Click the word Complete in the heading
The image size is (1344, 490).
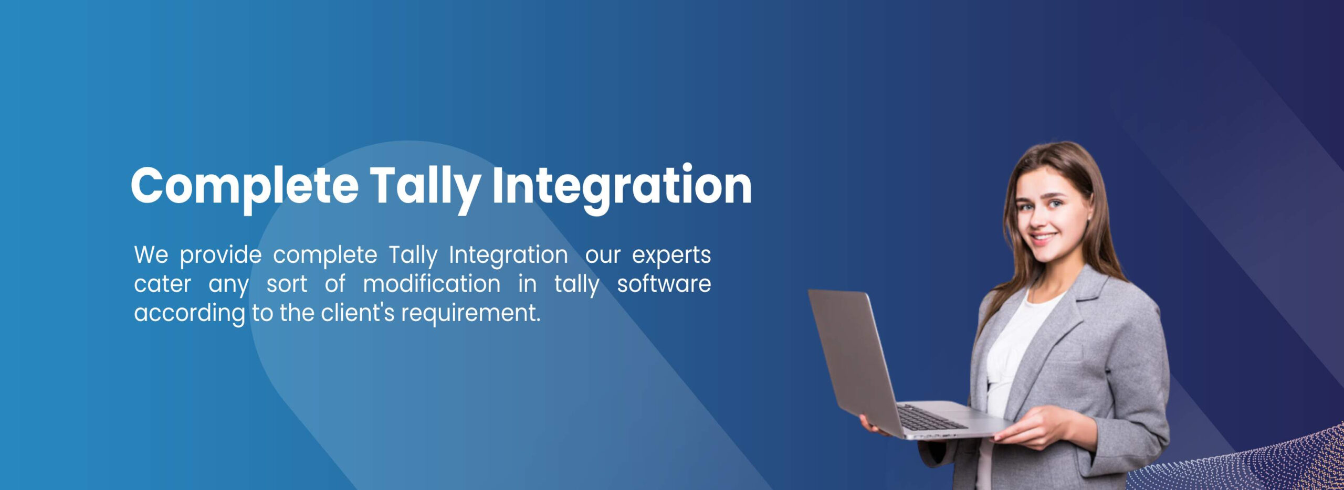(245, 186)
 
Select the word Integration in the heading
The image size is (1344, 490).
(622, 186)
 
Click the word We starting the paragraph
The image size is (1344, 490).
(151, 255)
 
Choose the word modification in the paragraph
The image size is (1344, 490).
(432, 284)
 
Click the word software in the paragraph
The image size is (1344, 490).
(664, 284)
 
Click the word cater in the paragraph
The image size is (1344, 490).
(162, 284)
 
